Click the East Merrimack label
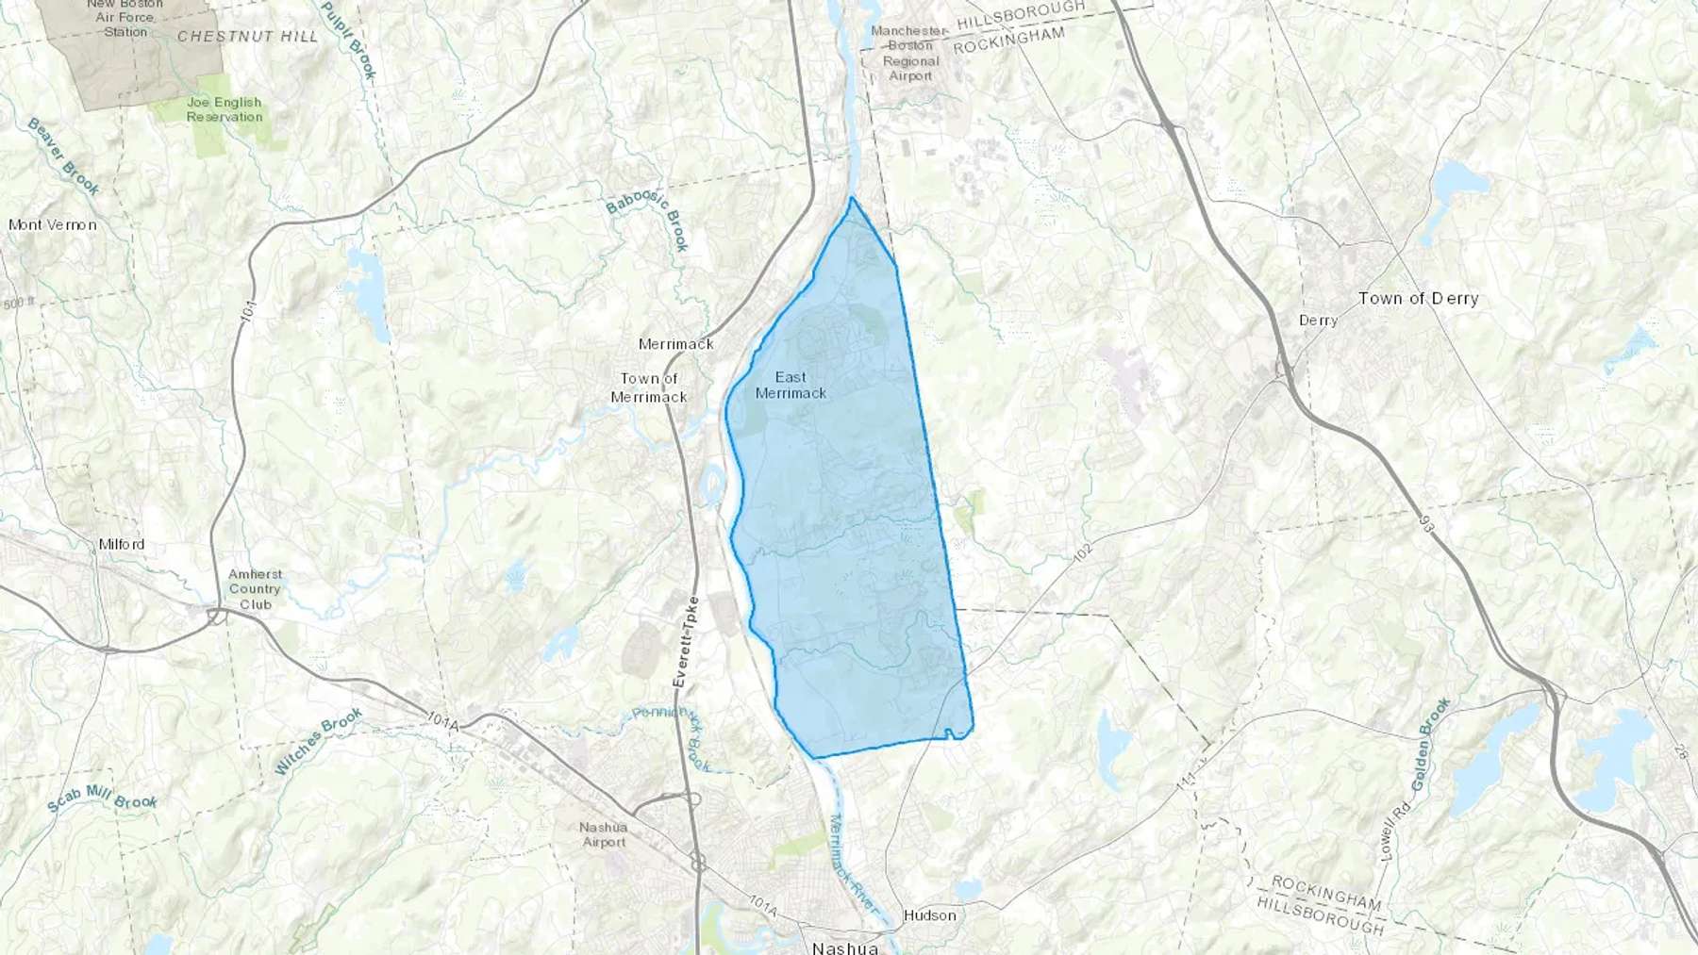click(791, 386)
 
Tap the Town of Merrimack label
click(648, 387)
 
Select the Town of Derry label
click(1418, 298)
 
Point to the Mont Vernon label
click(53, 224)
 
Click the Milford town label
click(122, 544)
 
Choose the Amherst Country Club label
click(255, 589)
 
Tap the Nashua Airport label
click(604, 834)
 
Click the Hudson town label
click(929, 914)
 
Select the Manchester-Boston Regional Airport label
click(909, 53)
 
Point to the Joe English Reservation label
click(225, 109)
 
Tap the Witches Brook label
click(319, 741)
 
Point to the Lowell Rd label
click(1387, 830)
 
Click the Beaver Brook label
click(63, 156)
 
